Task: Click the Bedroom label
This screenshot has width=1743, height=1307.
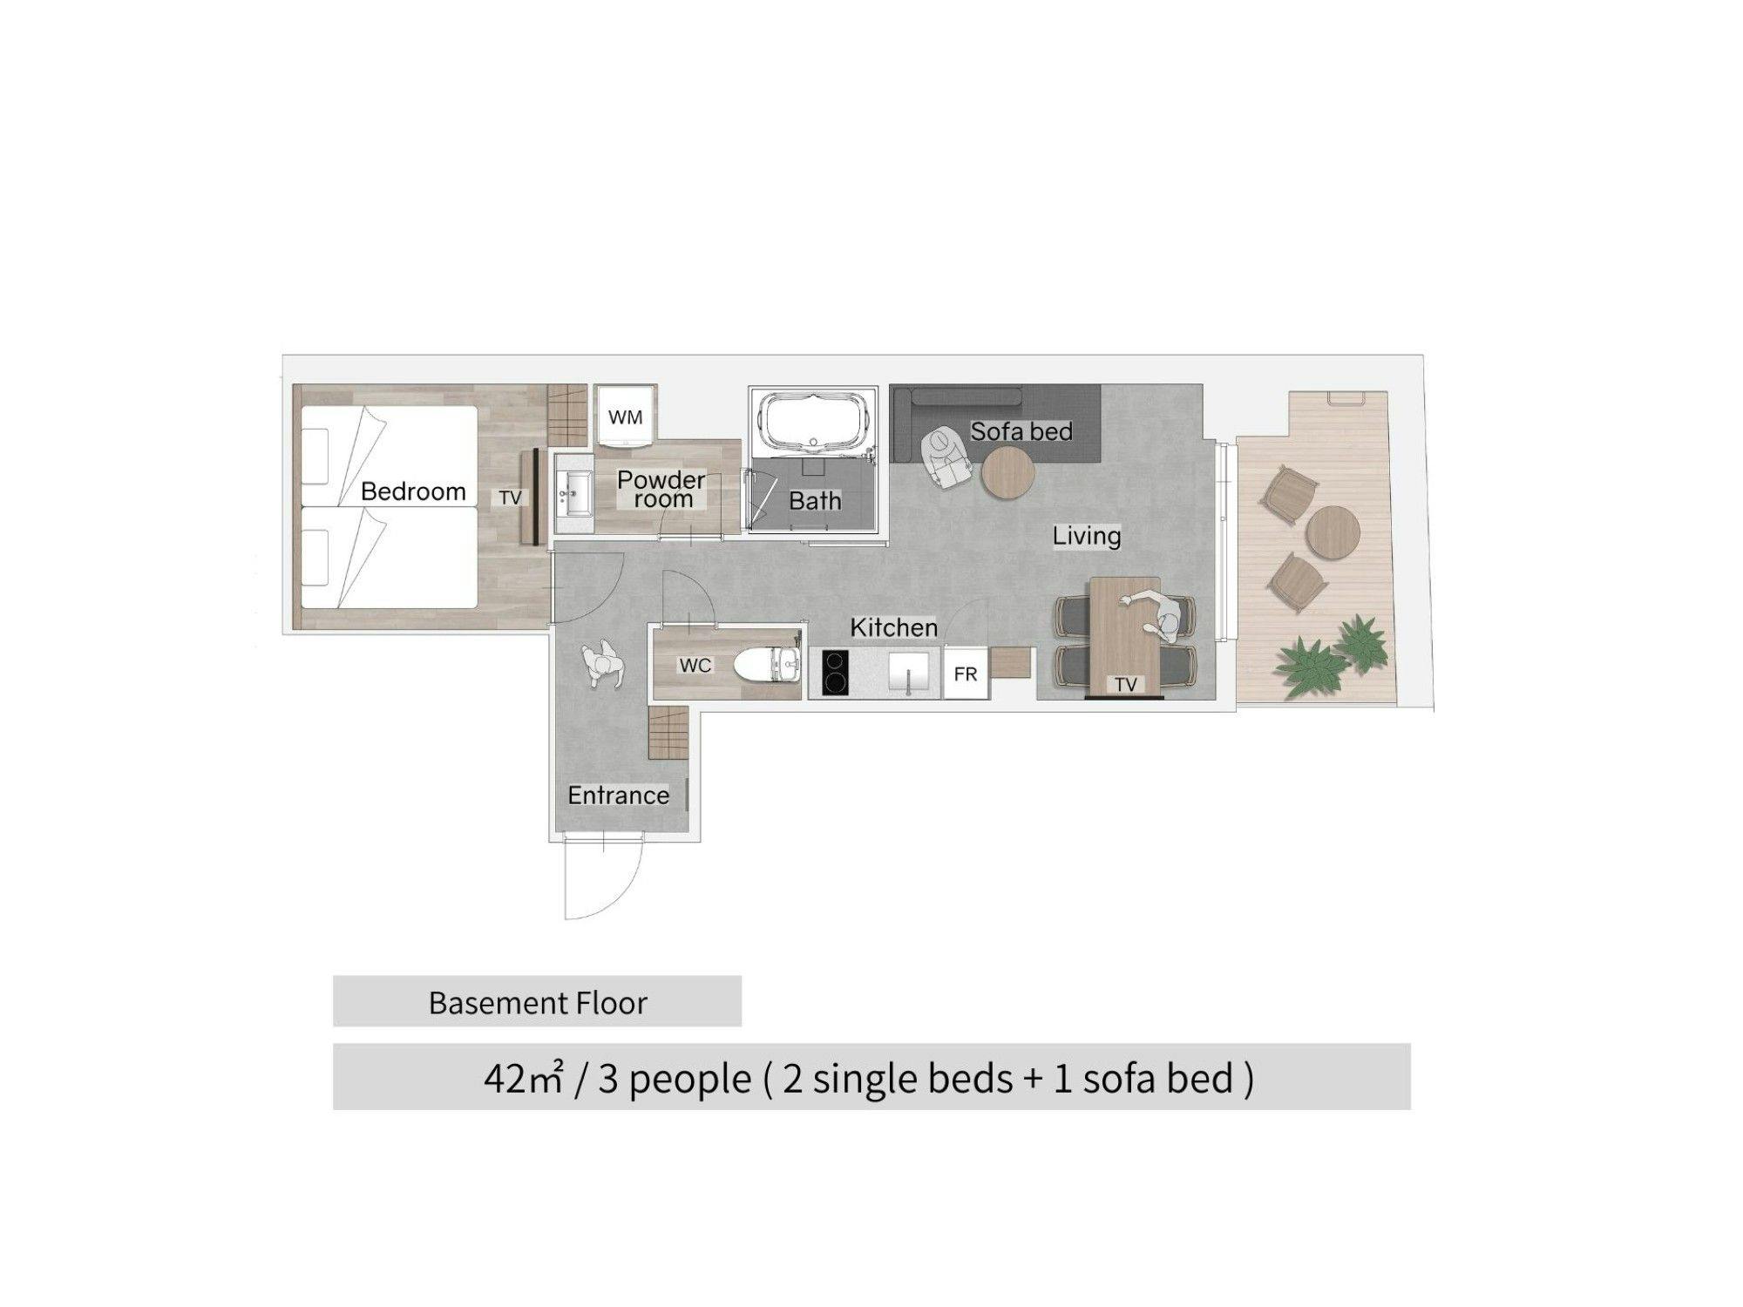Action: [413, 491]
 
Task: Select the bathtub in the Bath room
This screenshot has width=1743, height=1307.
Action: [817, 423]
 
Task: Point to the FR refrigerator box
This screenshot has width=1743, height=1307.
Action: [966, 674]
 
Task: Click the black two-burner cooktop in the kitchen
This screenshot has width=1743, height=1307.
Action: [835, 673]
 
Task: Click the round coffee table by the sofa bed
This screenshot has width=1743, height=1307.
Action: [1008, 473]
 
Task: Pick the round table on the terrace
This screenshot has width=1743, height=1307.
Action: [1333, 532]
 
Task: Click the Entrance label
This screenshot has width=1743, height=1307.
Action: [618, 796]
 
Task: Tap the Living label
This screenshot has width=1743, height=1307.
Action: [1086, 536]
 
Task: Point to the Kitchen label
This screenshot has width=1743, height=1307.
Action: [893, 627]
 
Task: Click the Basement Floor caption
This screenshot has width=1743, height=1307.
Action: [538, 1003]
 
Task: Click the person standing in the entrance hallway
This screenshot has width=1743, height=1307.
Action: [603, 666]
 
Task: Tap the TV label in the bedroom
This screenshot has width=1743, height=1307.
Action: [510, 498]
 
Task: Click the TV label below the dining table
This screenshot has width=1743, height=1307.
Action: [1126, 685]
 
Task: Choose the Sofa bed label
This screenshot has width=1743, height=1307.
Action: [1021, 431]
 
